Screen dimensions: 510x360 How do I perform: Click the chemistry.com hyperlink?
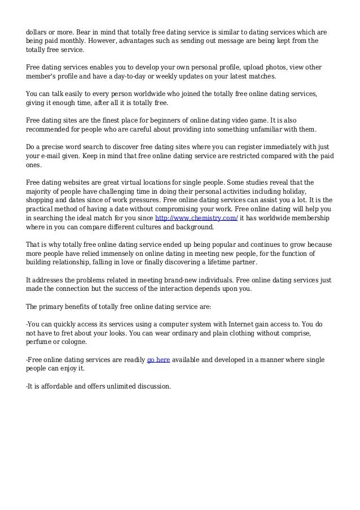point(196,218)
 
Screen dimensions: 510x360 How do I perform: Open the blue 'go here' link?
point(159,360)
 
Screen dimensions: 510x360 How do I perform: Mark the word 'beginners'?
point(161,120)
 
